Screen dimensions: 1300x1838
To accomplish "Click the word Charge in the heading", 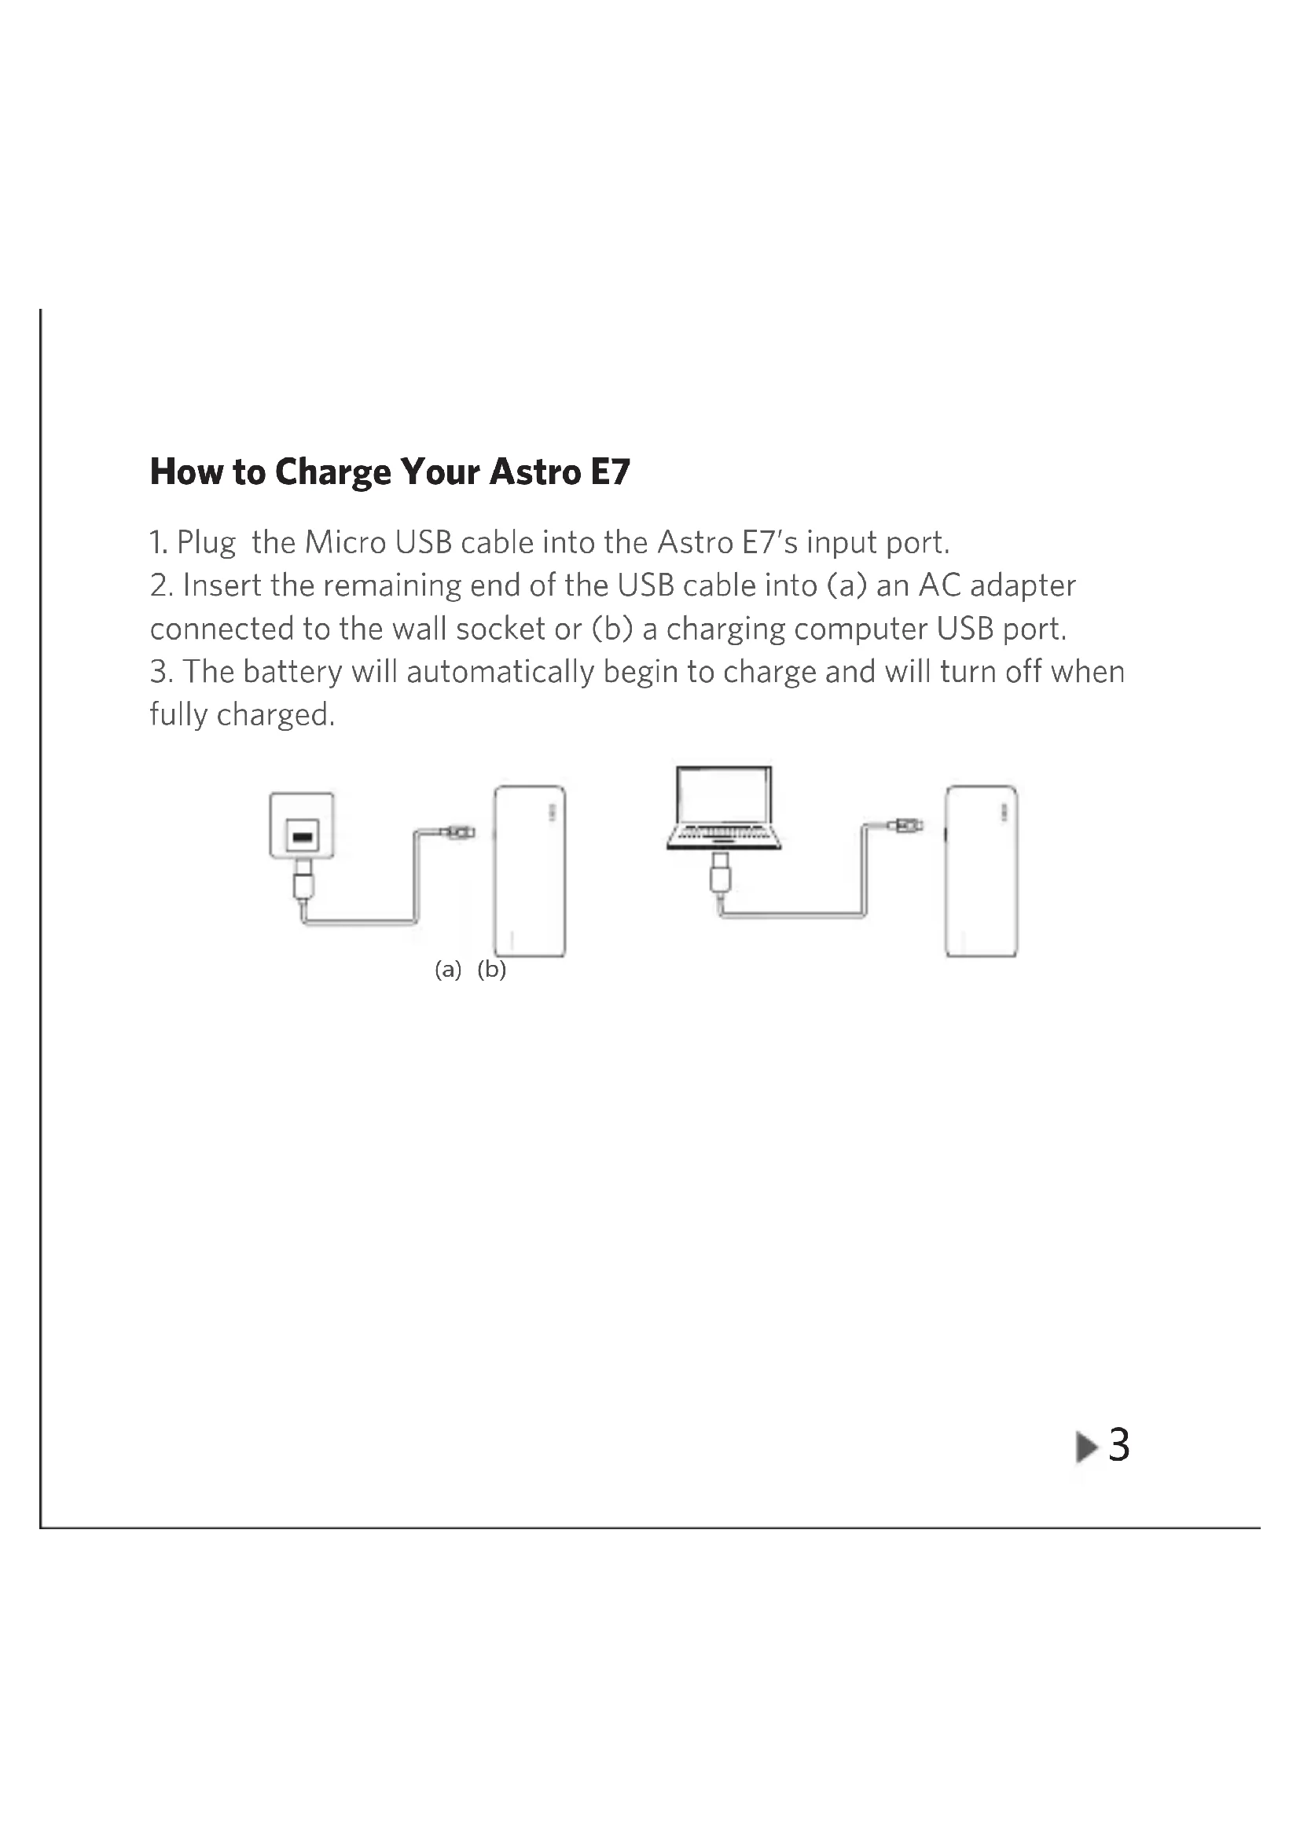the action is click(x=333, y=473).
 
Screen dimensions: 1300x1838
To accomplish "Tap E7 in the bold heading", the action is click(x=610, y=471).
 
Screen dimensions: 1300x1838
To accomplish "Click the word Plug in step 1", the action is click(x=207, y=544).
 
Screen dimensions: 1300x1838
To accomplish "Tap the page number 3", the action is click(x=1119, y=1446).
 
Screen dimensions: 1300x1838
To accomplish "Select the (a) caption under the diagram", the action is click(x=448, y=970).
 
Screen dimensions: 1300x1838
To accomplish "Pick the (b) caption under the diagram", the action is click(x=491, y=970).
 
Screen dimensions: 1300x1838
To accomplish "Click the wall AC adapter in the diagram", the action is click(x=302, y=825).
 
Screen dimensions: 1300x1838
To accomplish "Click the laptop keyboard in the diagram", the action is click(x=724, y=836).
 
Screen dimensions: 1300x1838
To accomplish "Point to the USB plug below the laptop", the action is click(x=721, y=872).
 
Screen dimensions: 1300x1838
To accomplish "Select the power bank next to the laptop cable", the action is click(x=982, y=871).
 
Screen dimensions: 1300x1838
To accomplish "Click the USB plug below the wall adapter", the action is click(x=303, y=880).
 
